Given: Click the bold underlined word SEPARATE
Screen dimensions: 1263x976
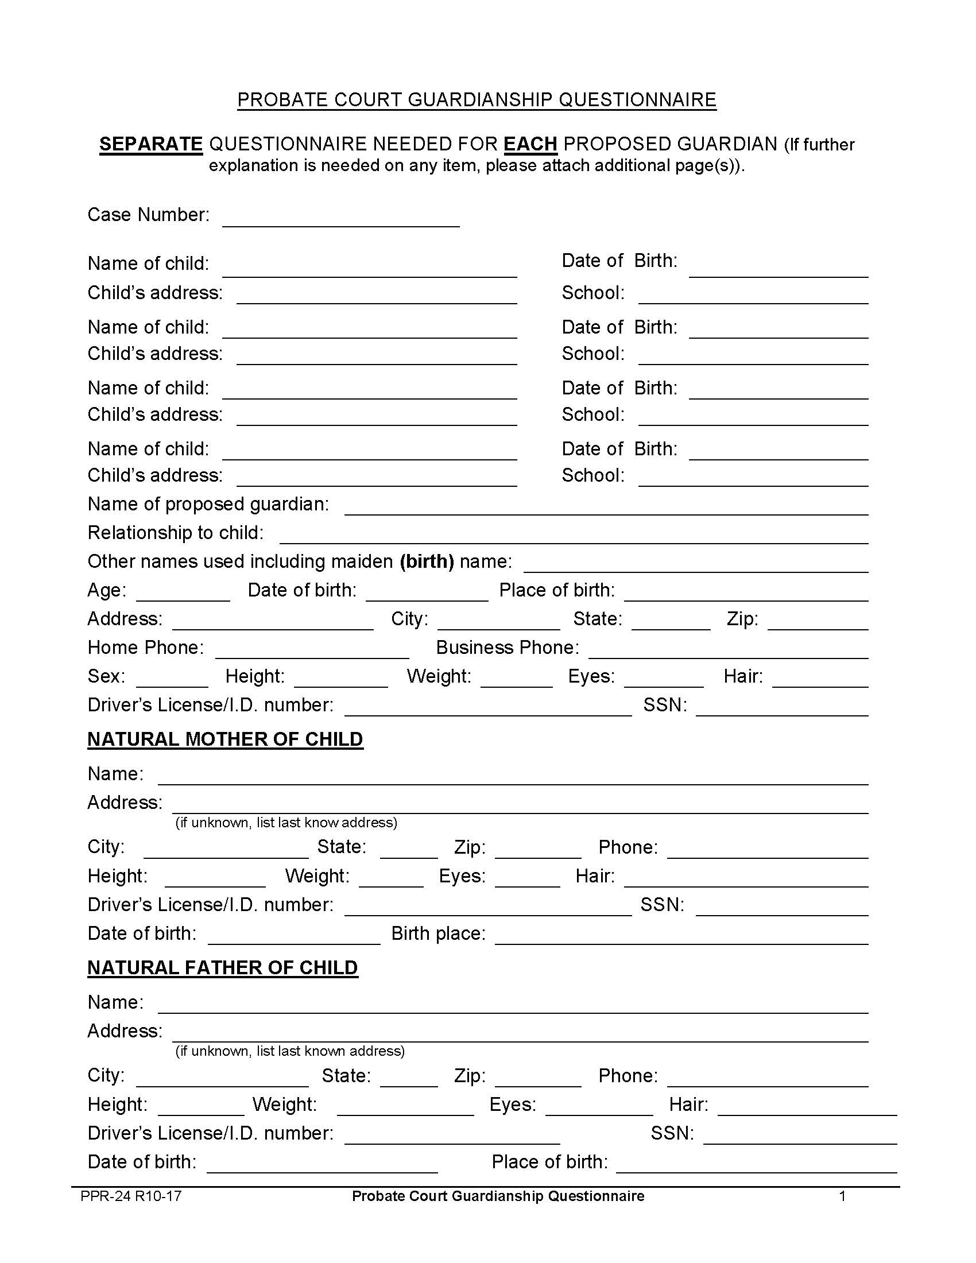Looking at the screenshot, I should click(x=151, y=144).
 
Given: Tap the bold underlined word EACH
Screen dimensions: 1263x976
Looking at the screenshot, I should click(x=530, y=144).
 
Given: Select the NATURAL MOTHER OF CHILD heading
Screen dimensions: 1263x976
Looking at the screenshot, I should click(x=225, y=739).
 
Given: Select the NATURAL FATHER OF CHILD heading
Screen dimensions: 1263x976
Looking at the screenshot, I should click(x=223, y=967).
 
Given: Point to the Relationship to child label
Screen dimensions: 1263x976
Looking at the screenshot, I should click(x=175, y=533).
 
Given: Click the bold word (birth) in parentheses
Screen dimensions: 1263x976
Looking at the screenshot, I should click(x=427, y=561).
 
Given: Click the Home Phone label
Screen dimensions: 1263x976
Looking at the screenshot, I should click(x=145, y=648).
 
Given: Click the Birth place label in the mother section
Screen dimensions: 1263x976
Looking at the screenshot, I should click(x=438, y=933).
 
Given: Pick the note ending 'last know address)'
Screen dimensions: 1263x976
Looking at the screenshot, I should click(x=286, y=822).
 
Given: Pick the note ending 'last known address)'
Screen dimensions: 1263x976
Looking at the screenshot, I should click(x=290, y=1051).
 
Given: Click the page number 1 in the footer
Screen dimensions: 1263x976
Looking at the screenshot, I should click(x=842, y=1196).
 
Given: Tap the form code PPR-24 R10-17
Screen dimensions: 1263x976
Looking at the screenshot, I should click(x=131, y=1196).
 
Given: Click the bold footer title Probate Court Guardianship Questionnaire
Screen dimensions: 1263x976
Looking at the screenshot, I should click(x=498, y=1196).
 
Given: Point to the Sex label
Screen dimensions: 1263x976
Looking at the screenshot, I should click(x=106, y=676).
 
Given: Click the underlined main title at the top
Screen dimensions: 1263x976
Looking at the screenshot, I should click(x=477, y=100).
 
